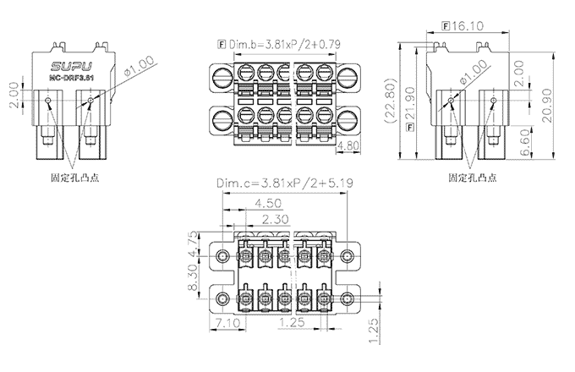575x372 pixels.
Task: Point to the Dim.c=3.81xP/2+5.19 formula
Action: (x=283, y=183)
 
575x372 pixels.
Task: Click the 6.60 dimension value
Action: (x=527, y=141)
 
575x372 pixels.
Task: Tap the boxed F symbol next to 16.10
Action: (x=446, y=26)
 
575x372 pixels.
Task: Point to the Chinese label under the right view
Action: (x=470, y=179)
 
